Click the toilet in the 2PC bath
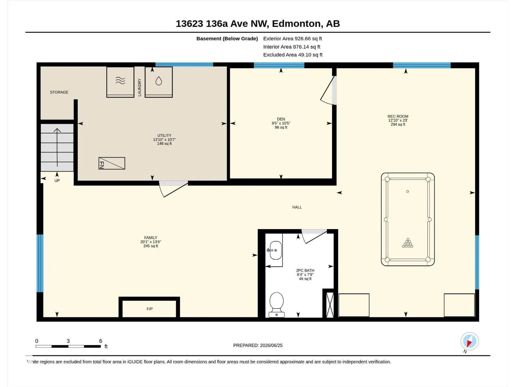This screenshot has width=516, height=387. click(x=276, y=304)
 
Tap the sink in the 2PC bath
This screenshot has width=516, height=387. click(x=275, y=250)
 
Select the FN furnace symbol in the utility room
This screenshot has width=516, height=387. click(x=112, y=163)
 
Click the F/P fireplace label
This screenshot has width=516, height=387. click(x=150, y=309)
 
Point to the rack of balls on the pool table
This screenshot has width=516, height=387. click(x=407, y=243)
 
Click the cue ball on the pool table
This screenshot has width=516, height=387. click(x=407, y=192)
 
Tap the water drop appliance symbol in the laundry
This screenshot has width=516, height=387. click(x=159, y=81)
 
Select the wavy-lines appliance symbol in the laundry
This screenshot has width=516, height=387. click(x=120, y=81)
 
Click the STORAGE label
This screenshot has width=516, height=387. click(x=59, y=92)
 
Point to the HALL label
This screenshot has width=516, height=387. click(x=297, y=207)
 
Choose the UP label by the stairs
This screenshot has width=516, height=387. click(x=57, y=181)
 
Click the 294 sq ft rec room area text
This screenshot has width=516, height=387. click(x=398, y=124)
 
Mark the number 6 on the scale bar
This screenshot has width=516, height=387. click(x=101, y=341)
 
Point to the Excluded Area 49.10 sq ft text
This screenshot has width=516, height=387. click(x=293, y=55)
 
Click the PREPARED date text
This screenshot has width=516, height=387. click(x=258, y=345)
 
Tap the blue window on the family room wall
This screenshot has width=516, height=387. click(x=40, y=263)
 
